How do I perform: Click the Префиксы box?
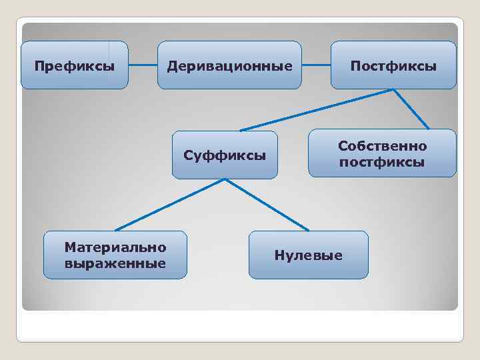74,65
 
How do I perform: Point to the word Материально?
115,247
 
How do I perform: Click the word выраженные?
115,263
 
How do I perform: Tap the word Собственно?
382,145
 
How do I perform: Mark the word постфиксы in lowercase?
382,162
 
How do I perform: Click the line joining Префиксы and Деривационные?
143,65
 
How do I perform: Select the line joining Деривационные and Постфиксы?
316,65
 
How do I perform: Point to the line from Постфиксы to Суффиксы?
317,109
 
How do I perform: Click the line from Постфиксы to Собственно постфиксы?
411,109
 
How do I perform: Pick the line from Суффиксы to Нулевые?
267,205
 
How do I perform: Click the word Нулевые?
308,255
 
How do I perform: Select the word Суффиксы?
225,156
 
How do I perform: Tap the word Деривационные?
229,66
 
